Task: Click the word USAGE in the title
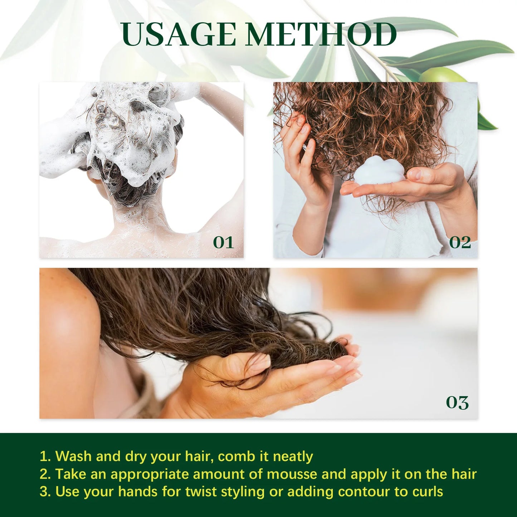178,35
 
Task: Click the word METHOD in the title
321,35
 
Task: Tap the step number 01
223,243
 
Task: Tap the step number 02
460,243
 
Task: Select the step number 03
457,403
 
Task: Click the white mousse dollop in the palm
379,171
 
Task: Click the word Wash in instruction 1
73,457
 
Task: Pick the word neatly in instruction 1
293,457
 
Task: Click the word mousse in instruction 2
292,474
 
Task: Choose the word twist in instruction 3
201,492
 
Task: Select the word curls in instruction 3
428,492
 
